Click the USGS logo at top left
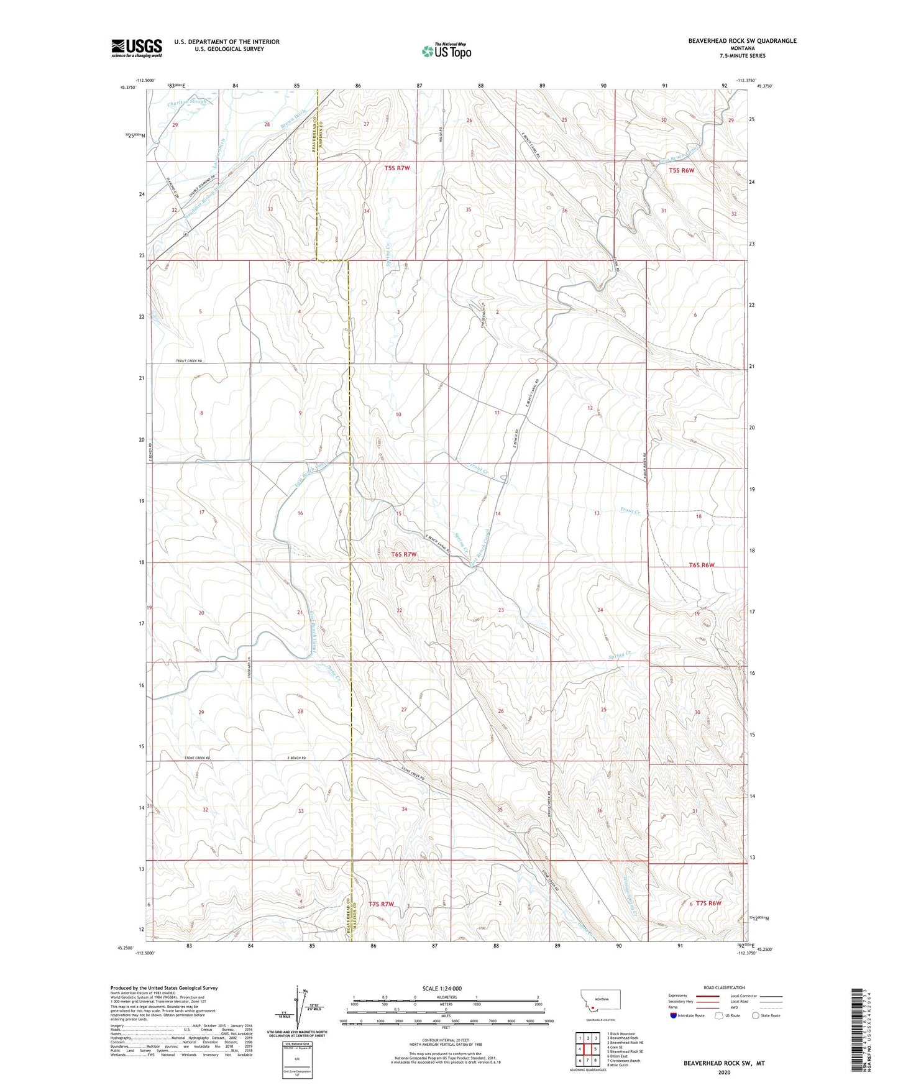coord(136,48)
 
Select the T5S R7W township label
coord(397,168)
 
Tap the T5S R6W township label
coord(681,170)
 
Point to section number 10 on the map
coord(398,414)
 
